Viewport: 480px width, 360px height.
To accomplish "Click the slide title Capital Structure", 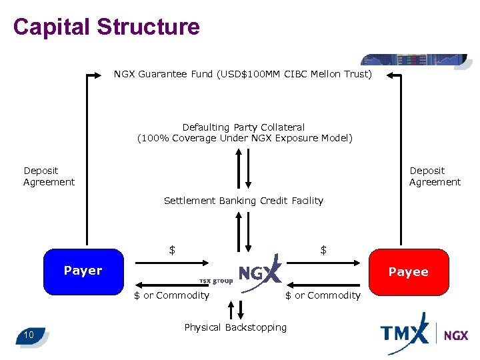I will coord(106,27).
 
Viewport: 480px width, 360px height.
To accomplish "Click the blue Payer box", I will coord(83,271).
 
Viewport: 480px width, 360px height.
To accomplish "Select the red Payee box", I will coord(408,271).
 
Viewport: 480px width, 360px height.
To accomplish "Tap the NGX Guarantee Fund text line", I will coord(243,74).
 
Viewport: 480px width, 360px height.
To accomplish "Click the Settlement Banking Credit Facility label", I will coord(243,201).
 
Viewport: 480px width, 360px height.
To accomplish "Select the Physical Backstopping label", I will coord(235,327).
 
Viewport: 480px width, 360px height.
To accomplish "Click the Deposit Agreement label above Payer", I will coord(49,177).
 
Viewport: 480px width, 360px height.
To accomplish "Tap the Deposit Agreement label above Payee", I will coord(435,177).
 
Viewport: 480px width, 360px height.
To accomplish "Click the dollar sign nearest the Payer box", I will coord(172,251).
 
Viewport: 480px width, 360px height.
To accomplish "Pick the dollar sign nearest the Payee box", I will coord(323,251).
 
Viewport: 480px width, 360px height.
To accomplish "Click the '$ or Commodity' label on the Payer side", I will coord(171,295).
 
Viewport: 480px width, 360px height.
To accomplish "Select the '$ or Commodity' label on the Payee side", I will coord(323,295).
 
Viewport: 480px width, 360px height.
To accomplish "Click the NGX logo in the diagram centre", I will coord(260,272).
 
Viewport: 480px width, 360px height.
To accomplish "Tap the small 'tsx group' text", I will coord(216,281).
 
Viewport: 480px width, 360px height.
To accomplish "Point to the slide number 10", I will coord(29,334).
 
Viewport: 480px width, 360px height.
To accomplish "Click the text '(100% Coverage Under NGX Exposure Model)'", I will coord(245,139).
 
